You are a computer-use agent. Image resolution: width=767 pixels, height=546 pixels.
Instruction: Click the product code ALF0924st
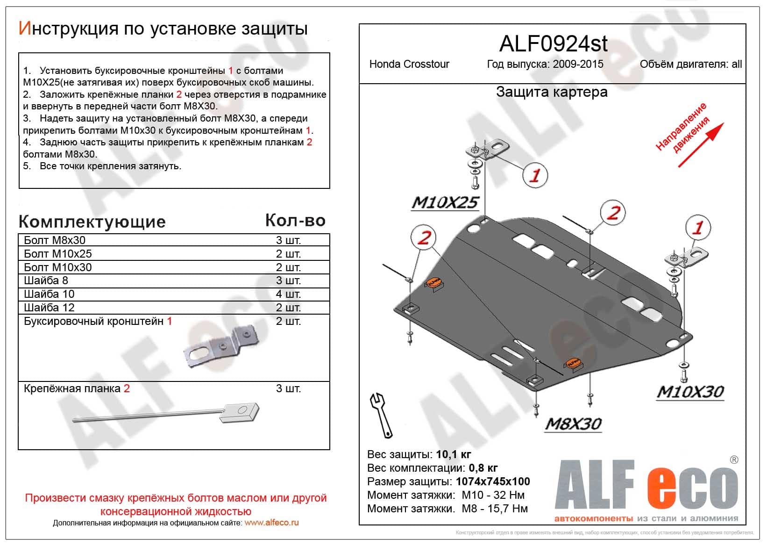[x=553, y=44]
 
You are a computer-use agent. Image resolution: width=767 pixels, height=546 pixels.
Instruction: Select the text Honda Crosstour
[x=409, y=65]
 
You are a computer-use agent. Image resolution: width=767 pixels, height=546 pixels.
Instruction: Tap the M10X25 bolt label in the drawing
[x=445, y=202]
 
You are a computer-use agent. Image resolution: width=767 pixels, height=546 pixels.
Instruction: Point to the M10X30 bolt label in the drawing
[x=690, y=392]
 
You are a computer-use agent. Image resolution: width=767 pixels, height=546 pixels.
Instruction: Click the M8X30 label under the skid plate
[x=573, y=424]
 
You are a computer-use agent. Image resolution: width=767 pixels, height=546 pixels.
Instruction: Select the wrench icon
[x=382, y=415]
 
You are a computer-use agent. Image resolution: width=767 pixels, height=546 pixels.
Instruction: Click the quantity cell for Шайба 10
[x=288, y=294]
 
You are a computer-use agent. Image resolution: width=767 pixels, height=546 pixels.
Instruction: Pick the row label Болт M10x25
[x=58, y=254]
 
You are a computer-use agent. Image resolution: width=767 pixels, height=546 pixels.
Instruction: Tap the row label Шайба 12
[x=49, y=308]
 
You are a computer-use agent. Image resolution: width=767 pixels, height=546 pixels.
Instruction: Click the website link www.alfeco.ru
[x=271, y=523]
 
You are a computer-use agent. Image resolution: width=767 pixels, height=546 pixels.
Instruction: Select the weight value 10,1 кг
[x=454, y=454]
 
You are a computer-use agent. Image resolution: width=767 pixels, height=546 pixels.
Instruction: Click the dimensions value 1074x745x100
[x=493, y=481]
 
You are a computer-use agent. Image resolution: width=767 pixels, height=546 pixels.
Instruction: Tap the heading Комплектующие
[x=92, y=222]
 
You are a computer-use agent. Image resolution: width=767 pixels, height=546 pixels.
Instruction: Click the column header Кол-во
[x=295, y=220]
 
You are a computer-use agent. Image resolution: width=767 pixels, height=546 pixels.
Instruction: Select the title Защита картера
[x=552, y=92]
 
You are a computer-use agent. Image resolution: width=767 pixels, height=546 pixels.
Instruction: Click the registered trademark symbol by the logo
[x=734, y=460]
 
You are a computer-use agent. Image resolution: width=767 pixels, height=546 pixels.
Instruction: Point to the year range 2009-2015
[x=578, y=65]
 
